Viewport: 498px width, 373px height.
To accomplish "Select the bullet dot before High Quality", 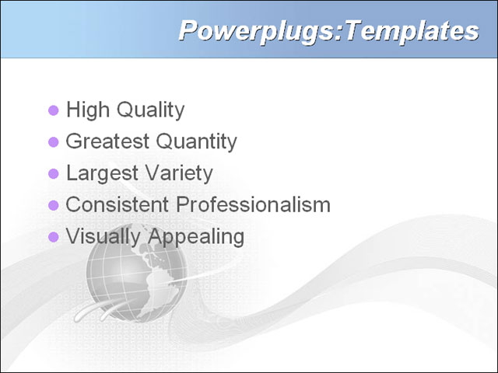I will coord(54,110).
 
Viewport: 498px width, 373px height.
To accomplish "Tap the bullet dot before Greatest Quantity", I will coord(54,142).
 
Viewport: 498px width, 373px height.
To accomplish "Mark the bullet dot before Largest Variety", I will coord(54,173).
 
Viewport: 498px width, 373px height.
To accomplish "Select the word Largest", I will coord(98,173).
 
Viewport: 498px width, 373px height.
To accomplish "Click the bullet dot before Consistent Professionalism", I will coord(54,205).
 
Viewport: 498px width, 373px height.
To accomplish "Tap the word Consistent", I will coord(117,205).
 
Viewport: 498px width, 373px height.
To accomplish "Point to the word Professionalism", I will coord(254,205).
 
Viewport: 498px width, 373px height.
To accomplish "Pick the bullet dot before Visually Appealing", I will coord(54,237).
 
